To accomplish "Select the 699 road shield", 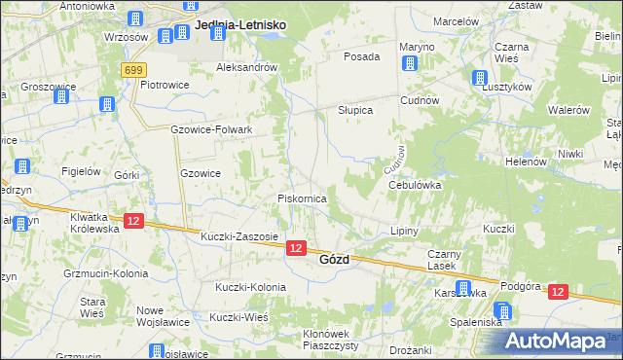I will click(x=134, y=70).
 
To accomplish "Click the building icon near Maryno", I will click(x=409, y=64).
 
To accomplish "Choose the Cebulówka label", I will click(x=416, y=184).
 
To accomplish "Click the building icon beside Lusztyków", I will click(x=479, y=79).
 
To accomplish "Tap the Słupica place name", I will click(x=355, y=110).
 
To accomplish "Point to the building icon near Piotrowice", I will click(x=106, y=103).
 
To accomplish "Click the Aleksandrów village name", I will click(x=247, y=68).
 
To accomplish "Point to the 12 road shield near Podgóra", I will click(x=557, y=291).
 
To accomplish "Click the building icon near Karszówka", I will click(x=464, y=286).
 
